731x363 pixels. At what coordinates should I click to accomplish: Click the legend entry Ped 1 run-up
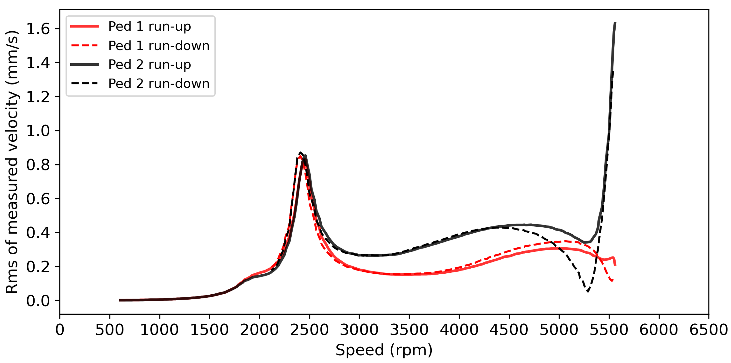(x=149, y=26)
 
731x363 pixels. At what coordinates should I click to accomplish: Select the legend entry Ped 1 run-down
(x=159, y=46)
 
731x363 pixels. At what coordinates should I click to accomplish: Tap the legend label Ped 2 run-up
(x=149, y=64)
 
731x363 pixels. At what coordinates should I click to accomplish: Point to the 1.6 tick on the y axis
(x=38, y=29)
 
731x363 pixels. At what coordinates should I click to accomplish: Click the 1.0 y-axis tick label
(x=38, y=131)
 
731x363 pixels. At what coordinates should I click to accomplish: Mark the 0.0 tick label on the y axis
(x=38, y=301)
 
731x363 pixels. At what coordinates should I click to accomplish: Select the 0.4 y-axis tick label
(x=38, y=233)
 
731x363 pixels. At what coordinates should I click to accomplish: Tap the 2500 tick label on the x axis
(x=309, y=330)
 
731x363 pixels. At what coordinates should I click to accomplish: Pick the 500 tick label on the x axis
(x=109, y=330)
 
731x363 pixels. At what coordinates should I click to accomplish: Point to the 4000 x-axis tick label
(x=459, y=330)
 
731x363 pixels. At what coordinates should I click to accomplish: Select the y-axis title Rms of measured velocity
(x=12, y=162)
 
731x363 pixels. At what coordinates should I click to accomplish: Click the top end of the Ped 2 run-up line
(x=615, y=23)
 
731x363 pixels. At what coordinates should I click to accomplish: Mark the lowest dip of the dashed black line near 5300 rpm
(x=588, y=291)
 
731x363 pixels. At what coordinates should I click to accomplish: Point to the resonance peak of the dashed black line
(x=300, y=152)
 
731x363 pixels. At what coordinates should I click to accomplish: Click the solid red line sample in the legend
(x=85, y=26)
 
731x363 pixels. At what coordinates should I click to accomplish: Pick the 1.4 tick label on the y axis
(x=38, y=63)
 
